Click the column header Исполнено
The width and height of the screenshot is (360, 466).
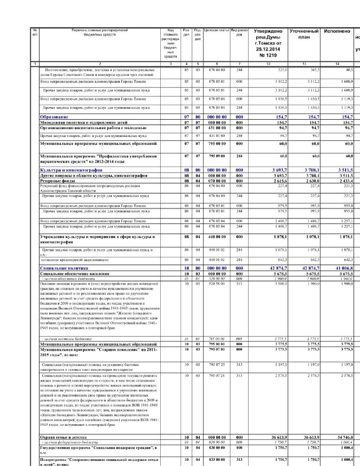(x=337, y=31)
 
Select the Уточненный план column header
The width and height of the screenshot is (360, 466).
(x=304, y=34)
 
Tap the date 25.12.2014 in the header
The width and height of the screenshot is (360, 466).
(x=268, y=49)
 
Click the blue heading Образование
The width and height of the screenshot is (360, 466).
(x=54, y=117)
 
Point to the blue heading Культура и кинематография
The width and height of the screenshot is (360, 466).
(x=71, y=170)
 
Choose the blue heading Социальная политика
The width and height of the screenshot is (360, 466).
(x=64, y=268)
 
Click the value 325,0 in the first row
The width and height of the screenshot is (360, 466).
(x=282, y=70)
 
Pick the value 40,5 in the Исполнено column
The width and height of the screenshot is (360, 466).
(x=349, y=70)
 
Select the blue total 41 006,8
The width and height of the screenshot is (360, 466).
(x=344, y=268)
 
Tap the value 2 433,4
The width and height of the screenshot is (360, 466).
(x=346, y=181)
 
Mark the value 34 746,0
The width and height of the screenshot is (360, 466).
(x=345, y=437)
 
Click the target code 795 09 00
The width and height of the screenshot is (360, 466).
(x=217, y=156)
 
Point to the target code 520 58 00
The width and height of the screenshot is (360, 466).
(x=217, y=284)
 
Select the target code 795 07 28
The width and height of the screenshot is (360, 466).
(x=217, y=376)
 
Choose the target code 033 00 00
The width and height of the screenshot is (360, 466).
(x=217, y=460)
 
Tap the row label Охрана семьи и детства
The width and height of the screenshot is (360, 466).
(x=63, y=437)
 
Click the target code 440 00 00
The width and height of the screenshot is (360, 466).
(x=217, y=237)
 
